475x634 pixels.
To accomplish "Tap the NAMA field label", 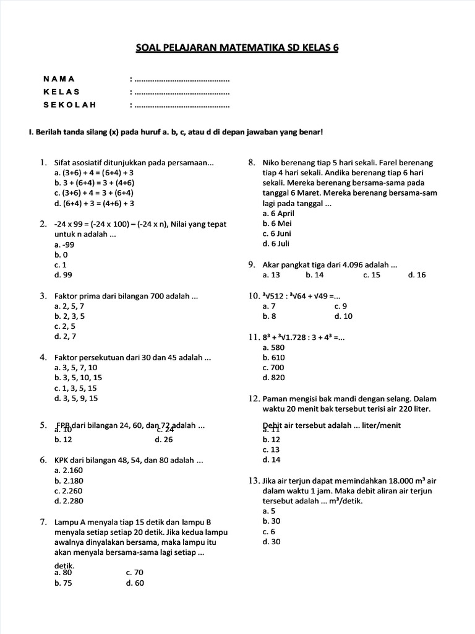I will coord(59,79).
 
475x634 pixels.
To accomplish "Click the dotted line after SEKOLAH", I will coord(181,105).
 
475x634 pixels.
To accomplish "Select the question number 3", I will coord(44,296).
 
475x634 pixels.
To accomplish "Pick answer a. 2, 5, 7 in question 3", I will coord(69,306).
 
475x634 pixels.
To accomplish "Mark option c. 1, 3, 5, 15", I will coord(75,388).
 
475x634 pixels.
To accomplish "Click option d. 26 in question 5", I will coord(164,440).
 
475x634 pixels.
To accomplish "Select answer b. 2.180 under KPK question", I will coord(69,480).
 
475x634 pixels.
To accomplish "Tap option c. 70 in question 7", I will coord(134,573).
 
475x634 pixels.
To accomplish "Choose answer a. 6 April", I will coord(277,213).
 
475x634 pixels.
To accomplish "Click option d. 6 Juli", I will coord(276,243).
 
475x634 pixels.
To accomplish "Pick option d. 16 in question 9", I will coord(417,275).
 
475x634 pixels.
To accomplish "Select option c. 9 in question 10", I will coord(341,306).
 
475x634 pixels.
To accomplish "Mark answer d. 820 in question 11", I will coord(273,377).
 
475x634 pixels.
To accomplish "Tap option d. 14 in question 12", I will coord(271,459).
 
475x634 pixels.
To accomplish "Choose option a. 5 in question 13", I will coord(269,511).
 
